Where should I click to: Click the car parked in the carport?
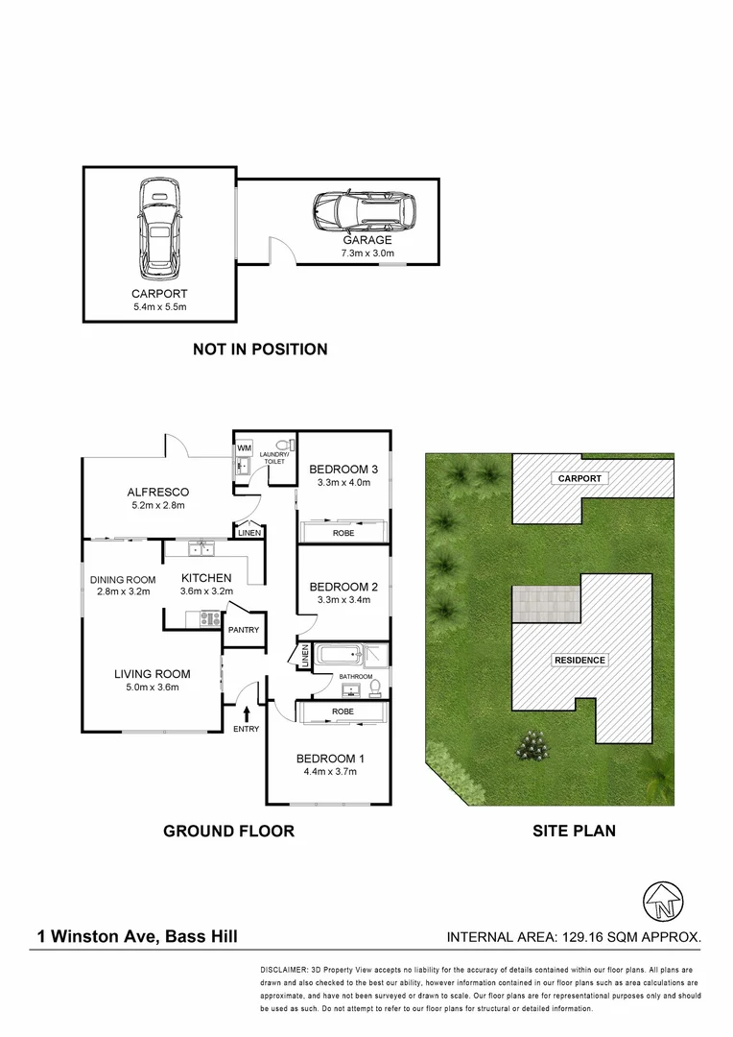pos(159,225)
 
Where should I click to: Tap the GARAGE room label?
pos(368,240)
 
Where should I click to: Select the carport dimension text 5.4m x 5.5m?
pos(159,306)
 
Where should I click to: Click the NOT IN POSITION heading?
pos(260,350)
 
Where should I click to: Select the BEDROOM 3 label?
pos(343,469)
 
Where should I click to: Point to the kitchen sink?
pos(203,549)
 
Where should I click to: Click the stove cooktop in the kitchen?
pos(209,619)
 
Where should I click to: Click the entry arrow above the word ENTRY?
pos(248,713)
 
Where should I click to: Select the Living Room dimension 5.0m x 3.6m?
pos(152,687)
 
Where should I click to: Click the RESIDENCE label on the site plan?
pos(579,661)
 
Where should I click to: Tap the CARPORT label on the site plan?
pos(579,478)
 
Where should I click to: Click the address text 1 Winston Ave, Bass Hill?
pos(138,936)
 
